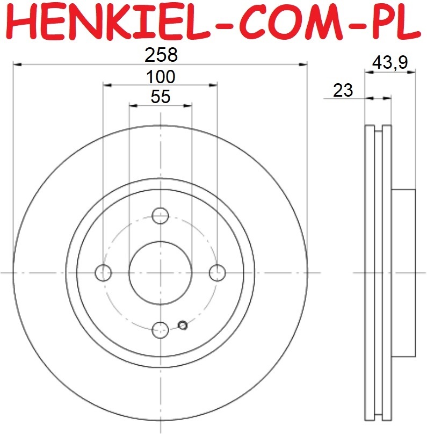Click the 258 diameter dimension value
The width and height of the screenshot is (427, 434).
click(161, 55)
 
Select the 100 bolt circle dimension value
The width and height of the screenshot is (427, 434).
click(161, 77)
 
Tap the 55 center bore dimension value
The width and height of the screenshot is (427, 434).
click(161, 97)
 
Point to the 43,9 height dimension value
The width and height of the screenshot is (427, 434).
click(390, 62)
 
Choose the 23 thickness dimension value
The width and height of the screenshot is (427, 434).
click(343, 90)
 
